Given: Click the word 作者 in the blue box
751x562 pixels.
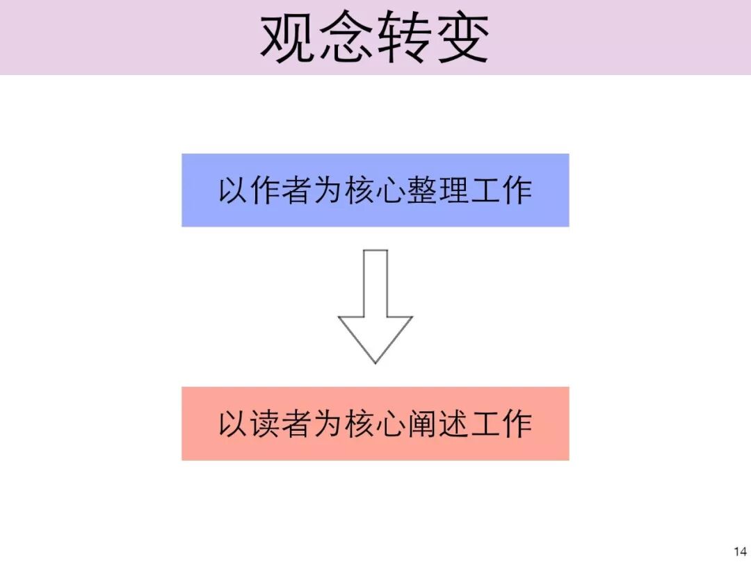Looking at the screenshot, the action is [281, 190].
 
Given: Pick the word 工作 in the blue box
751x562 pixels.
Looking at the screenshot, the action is [501, 190].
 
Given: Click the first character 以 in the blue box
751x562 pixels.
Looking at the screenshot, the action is [234, 190].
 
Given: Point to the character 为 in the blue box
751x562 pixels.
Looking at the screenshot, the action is [328, 190].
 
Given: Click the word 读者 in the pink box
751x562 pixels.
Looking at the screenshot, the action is [281, 424].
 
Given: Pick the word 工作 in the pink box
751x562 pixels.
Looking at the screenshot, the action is [501, 424].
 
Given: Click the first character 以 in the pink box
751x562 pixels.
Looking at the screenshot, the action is [234, 424].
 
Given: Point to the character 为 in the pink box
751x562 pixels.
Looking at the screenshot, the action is [328, 424].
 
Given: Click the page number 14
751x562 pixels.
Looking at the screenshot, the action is [739, 552].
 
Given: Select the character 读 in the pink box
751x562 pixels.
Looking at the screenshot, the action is [266, 424].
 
